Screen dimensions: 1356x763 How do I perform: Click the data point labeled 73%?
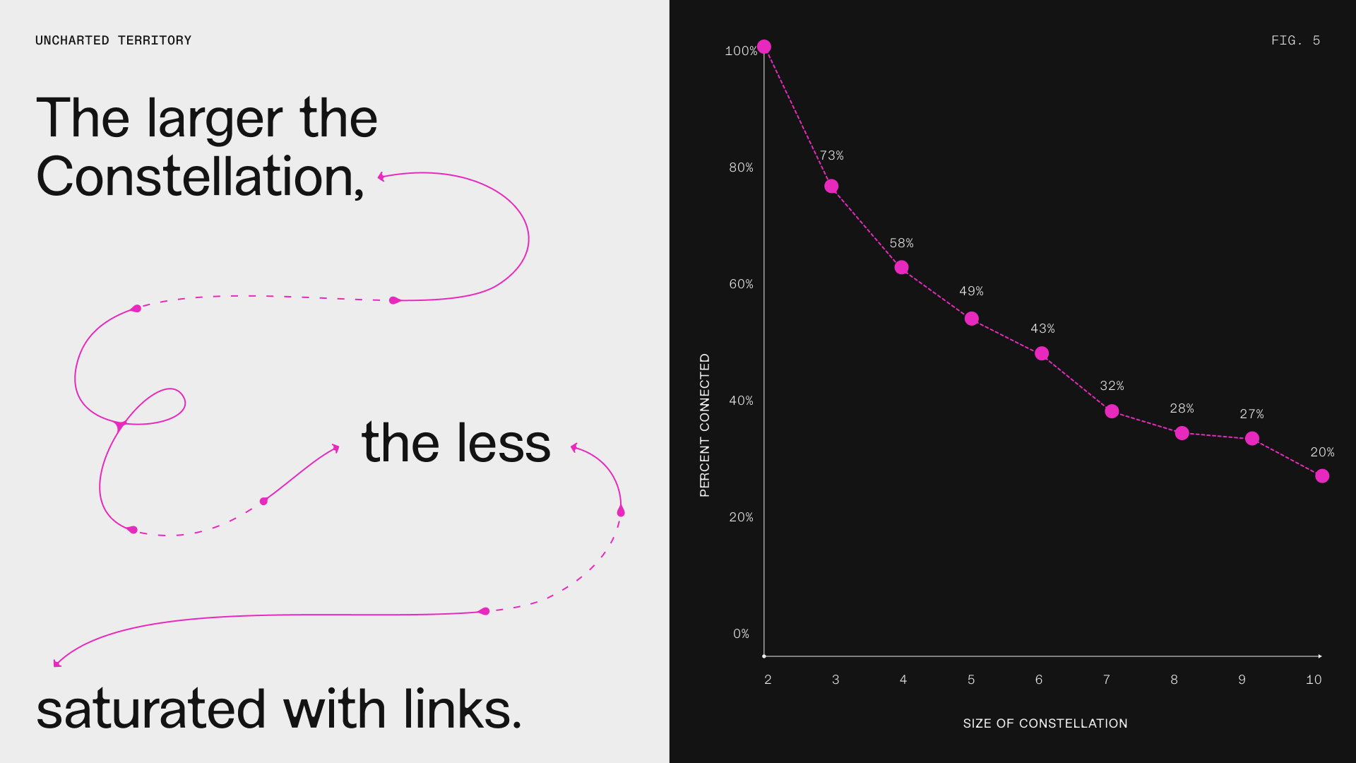pyautogui.click(x=831, y=187)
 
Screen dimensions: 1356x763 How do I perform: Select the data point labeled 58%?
pyautogui.click(x=901, y=267)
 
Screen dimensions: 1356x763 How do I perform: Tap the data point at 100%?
pyautogui.click(x=764, y=47)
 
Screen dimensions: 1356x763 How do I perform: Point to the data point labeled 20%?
pyautogui.click(x=1322, y=476)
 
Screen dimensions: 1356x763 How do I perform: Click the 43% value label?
pyautogui.click(x=1042, y=329)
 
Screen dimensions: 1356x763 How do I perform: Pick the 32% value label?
pyautogui.click(x=1112, y=386)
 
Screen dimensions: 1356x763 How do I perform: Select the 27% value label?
pyautogui.click(x=1251, y=414)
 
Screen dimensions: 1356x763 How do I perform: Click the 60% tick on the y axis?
pyautogui.click(x=741, y=284)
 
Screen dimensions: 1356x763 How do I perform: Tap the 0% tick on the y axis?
pyautogui.click(x=741, y=634)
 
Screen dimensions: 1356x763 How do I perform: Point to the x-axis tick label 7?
pyautogui.click(x=1107, y=680)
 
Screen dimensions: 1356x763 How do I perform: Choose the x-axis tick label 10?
pyautogui.click(x=1314, y=680)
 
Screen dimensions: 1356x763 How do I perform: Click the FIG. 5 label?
pyautogui.click(x=1295, y=40)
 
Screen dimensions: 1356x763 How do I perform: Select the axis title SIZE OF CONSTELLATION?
pyautogui.click(x=1045, y=723)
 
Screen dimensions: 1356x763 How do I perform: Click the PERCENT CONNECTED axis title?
pyautogui.click(x=705, y=425)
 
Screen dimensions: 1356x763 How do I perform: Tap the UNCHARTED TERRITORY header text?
pyautogui.click(x=114, y=40)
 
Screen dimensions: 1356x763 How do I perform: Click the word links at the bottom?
pyautogui.click(x=463, y=709)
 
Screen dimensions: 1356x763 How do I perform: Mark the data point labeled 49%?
pyautogui.click(x=972, y=319)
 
